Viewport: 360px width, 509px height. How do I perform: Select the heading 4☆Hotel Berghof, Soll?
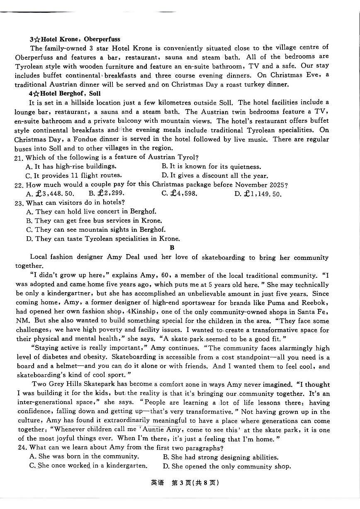point(65,93)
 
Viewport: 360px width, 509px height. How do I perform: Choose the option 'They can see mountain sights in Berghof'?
point(95,230)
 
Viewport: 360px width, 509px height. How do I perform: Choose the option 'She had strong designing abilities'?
point(220,457)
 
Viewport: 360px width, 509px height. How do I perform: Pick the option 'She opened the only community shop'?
point(226,466)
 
